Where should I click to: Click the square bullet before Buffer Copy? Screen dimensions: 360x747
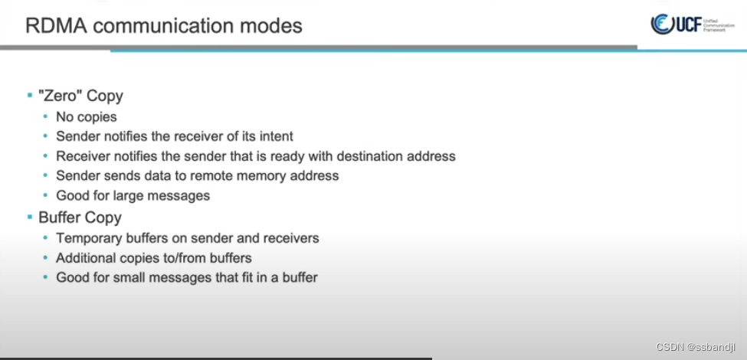pyautogui.click(x=30, y=218)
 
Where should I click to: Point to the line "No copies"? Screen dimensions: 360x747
pyautogui.click(x=87, y=116)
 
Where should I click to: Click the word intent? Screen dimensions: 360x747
pyautogui.click(x=274, y=136)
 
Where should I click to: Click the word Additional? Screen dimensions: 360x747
pyautogui.click(x=84, y=257)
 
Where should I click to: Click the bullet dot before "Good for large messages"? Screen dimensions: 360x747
pyautogui.click(x=47, y=196)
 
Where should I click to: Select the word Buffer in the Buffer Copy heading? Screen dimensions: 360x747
pyautogui.click(x=58, y=218)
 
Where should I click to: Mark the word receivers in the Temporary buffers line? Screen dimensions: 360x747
pyautogui.click(x=290, y=237)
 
